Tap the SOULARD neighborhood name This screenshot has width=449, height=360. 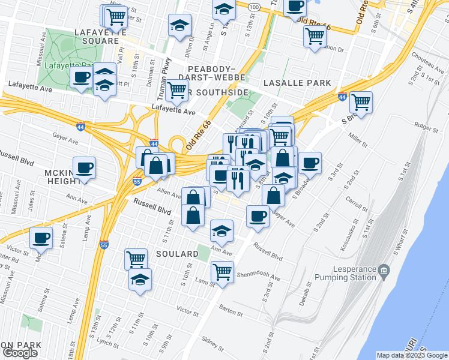click(x=177, y=254)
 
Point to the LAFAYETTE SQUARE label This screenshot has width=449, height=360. click(x=97, y=36)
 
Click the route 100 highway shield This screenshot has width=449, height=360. click(x=254, y=6)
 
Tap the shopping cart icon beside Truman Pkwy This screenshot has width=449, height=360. click(x=176, y=90)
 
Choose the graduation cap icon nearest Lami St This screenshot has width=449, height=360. click(x=140, y=279)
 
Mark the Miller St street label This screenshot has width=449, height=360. click(x=358, y=140)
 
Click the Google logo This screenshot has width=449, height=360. click(x=20, y=352)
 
